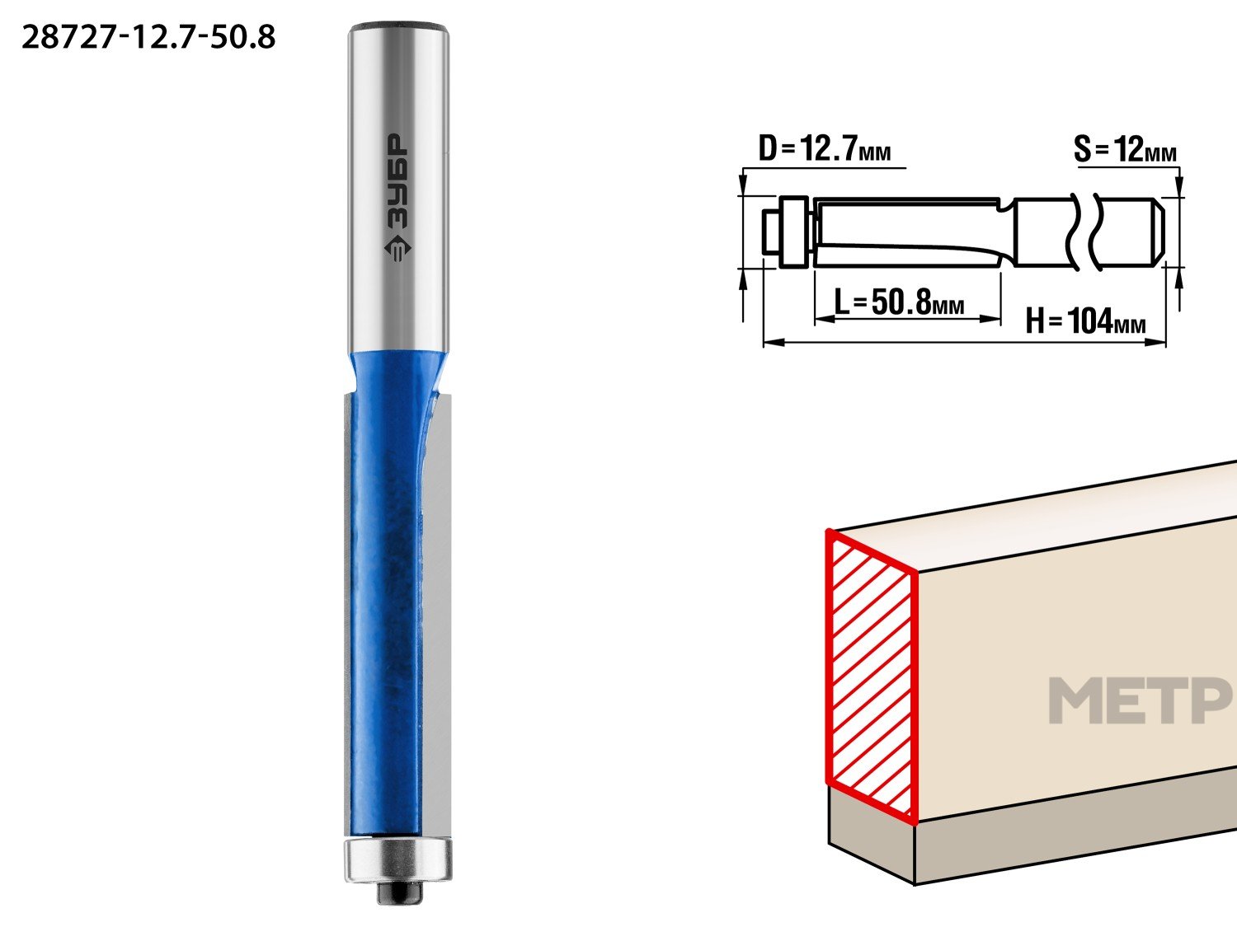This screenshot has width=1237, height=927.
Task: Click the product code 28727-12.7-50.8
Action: [x=148, y=37]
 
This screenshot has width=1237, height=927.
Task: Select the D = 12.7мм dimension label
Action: [x=825, y=148]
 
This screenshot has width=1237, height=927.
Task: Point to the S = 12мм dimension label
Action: [x=1125, y=150]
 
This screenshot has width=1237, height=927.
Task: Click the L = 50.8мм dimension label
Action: [x=899, y=302]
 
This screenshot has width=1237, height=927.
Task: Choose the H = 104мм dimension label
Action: [x=1085, y=321]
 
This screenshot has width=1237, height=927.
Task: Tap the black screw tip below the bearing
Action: [x=398, y=892]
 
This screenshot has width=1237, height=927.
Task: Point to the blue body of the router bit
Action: [x=386, y=591]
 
